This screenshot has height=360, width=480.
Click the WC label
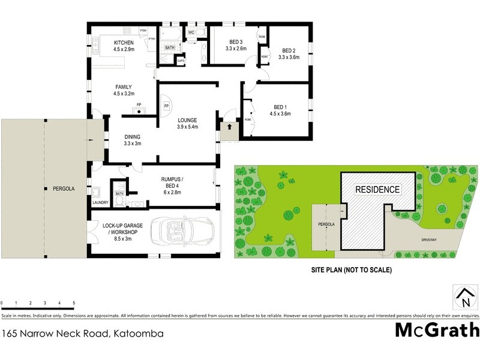tap(191, 32)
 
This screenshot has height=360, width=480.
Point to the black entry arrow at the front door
tap(229, 127)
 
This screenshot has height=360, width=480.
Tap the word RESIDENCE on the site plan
tap(377, 190)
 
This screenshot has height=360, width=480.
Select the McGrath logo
tap(437, 331)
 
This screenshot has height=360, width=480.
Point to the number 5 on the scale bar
tap(74, 303)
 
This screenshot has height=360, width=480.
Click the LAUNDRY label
tap(100, 203)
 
